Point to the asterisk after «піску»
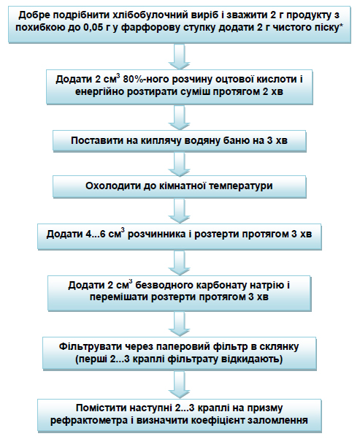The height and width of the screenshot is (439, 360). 341,26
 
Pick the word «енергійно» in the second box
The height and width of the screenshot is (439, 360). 99,92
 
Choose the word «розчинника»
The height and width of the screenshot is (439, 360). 156,234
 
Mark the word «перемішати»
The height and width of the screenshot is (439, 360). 119,297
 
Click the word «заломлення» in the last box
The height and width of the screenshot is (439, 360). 280,420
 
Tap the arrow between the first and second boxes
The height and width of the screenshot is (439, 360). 180,56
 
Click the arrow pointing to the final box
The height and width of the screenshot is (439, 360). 180,384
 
